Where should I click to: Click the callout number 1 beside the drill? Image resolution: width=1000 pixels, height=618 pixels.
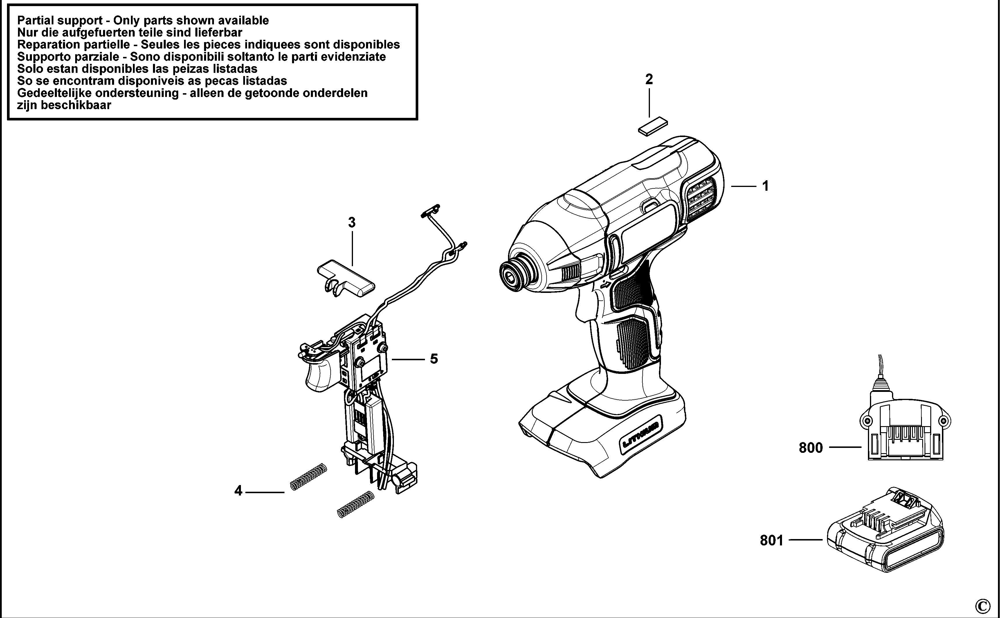click(x=765, y=186)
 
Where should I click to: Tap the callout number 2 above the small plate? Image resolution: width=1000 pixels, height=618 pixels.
click(x=649, y=79)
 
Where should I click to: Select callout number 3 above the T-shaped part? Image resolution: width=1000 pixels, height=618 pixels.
click(x=352, y=223)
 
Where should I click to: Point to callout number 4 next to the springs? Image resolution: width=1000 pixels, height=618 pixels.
click(x=238, y=491)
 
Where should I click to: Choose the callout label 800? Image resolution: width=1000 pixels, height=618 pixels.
click(x=811, y=448)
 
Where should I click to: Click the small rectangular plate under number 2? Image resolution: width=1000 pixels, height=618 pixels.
click(x=653, y=126)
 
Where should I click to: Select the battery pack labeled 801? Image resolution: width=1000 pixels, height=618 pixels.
click(x=885, y=531)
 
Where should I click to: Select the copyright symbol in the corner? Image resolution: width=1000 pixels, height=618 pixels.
click(x=983, y=605)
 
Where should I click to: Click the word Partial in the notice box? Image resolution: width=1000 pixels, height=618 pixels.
click(x=38, y=20)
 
